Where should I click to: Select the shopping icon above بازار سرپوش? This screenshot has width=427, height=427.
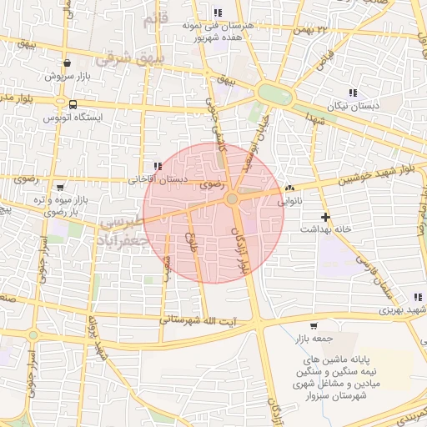pos(67,63)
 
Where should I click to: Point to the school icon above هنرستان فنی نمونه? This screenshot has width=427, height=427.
pos(218,13)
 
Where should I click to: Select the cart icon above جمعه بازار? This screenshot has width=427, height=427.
pos(313,325)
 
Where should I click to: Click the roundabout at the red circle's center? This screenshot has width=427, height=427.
pos(232,199)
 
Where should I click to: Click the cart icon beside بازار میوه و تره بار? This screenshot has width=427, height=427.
pos(59,188)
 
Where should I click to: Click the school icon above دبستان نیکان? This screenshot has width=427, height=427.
pos(353,92)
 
